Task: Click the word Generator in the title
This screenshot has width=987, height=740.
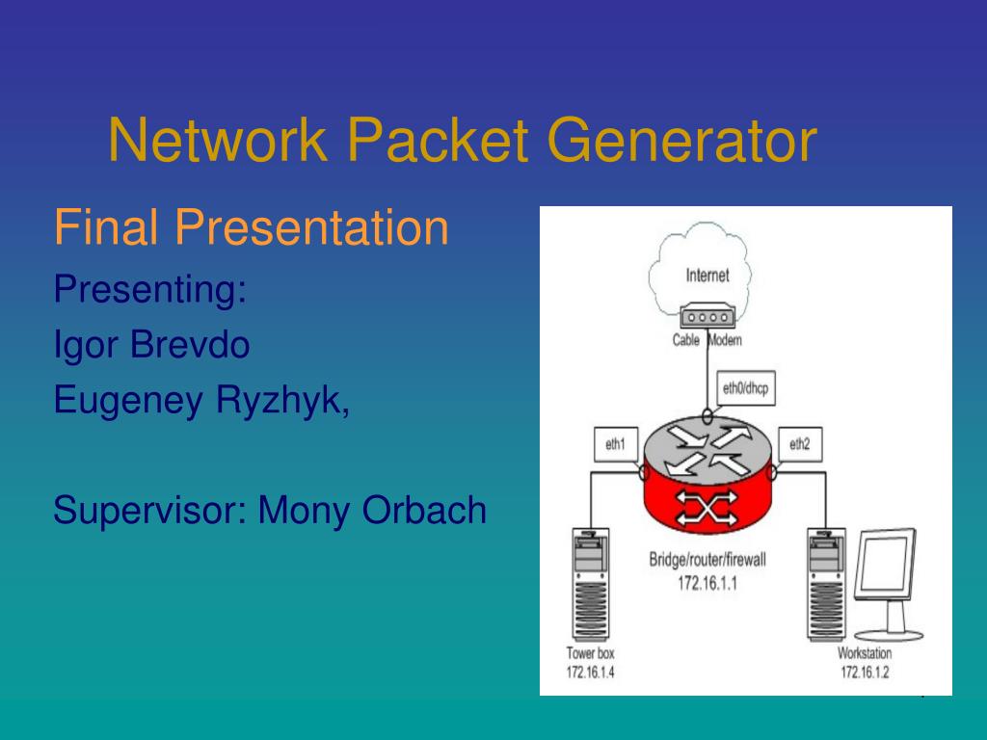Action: click(x=683, y=140)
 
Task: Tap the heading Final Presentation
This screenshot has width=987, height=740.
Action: click(x=251, y=228)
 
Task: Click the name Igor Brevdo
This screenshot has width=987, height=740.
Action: click(x=151, y=344)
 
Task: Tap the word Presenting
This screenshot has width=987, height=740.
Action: click(x=149, y=288)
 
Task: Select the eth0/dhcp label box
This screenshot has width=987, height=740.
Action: click(x=750, y=389)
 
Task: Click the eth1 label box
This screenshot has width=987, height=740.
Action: click(x=616, y=444)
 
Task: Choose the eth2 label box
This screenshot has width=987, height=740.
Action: click(x=799, y=444)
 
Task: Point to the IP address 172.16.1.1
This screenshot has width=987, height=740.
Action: click(x=707, y=583)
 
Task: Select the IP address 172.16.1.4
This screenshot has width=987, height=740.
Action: click(x=591, y=671)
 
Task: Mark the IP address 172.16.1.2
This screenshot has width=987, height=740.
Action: click(x=865, y=671)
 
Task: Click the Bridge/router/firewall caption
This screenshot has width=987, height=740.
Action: click(x=707, y=560)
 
